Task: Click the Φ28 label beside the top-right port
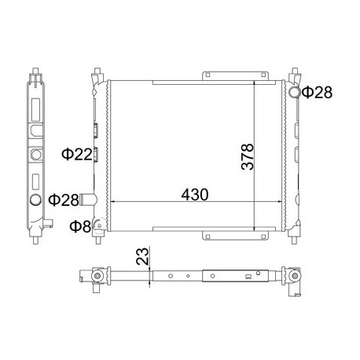pyautogui.click(x=318, y=93)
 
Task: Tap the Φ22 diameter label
pyautogui.click(x=77, y=154)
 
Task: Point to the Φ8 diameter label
pyautogui.click(x=79, y=227)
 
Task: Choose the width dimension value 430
pyautogui.click(x=192, y=193)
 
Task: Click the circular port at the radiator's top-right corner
pyautogui.click(x=294, y=93)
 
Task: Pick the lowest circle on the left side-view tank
pyautogui.click(x=36, y=200)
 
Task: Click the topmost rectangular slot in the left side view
pyautogui.click(x=36, y=105)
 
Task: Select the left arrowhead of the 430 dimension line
pyautogui.click(x=111, y=201)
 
